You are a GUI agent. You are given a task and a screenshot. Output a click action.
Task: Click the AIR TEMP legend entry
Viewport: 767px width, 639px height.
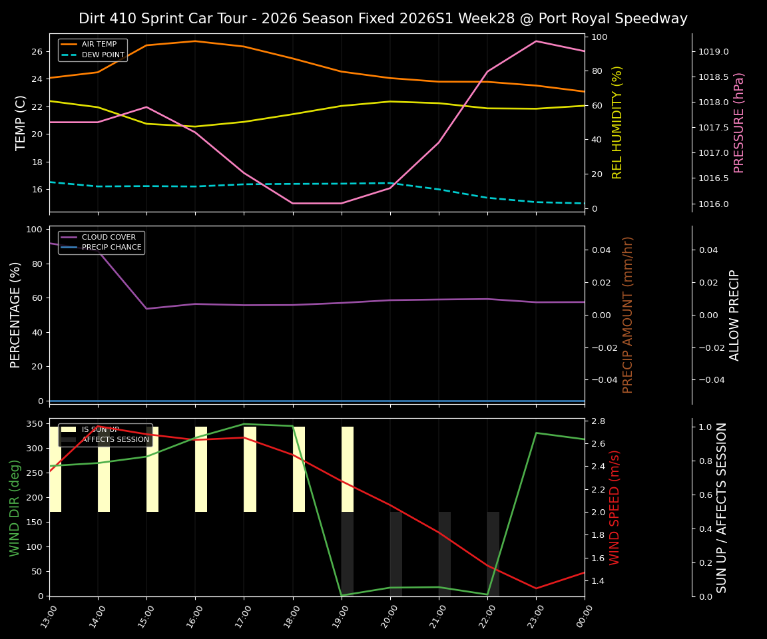coord(99,45)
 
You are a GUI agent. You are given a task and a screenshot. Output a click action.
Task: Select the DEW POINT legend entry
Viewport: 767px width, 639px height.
coord(103,55)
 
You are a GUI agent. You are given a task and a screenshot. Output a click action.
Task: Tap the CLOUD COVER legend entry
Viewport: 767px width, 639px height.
coord(109,238)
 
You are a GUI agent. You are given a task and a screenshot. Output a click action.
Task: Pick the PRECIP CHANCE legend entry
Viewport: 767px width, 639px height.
coord(111,248)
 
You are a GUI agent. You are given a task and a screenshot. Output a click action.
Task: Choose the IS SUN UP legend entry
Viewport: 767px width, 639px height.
coord(100,430)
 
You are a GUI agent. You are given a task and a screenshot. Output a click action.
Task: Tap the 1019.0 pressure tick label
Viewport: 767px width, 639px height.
coord(713,52)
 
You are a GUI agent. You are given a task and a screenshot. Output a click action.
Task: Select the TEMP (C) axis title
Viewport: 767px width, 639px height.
coord(21,122)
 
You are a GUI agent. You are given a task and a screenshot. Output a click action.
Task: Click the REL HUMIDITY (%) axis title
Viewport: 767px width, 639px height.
coord(617,122)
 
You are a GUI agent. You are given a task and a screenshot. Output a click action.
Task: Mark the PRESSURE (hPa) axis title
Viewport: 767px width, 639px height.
coord(739,122)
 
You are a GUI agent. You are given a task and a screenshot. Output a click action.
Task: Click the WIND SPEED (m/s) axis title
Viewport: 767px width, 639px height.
coord(615,507)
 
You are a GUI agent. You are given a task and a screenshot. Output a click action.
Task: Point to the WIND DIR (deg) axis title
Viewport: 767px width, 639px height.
coord(15,507)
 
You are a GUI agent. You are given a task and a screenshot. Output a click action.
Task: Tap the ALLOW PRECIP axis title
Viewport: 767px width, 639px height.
coord(735,315)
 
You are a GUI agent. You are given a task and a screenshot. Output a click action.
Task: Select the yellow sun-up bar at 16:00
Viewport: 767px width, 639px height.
coord(200,469)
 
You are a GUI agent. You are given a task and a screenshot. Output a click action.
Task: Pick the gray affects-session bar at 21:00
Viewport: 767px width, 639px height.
coord(444,554)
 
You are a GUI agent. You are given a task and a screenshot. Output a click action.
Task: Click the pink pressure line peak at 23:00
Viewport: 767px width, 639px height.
coord(536,41)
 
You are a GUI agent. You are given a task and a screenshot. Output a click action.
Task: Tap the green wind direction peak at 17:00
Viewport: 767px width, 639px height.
coord(244,424)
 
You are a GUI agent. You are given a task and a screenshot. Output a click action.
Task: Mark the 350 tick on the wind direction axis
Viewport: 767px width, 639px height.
coord(37,424)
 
